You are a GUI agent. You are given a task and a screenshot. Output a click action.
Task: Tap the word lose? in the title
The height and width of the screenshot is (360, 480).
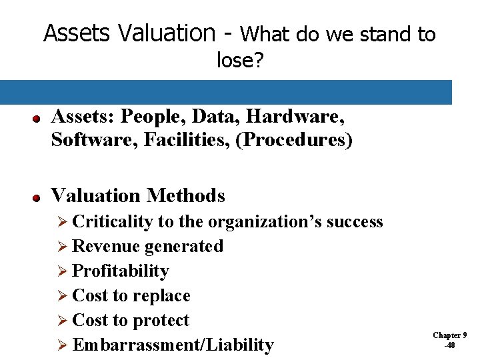240,61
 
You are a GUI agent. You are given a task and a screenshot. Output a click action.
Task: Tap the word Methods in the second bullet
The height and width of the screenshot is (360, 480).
186,195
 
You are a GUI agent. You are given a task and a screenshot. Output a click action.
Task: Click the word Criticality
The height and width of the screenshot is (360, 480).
113,221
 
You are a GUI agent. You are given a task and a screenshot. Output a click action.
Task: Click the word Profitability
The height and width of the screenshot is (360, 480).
120,271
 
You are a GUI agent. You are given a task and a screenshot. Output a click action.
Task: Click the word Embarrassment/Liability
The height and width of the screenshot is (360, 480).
173,345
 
